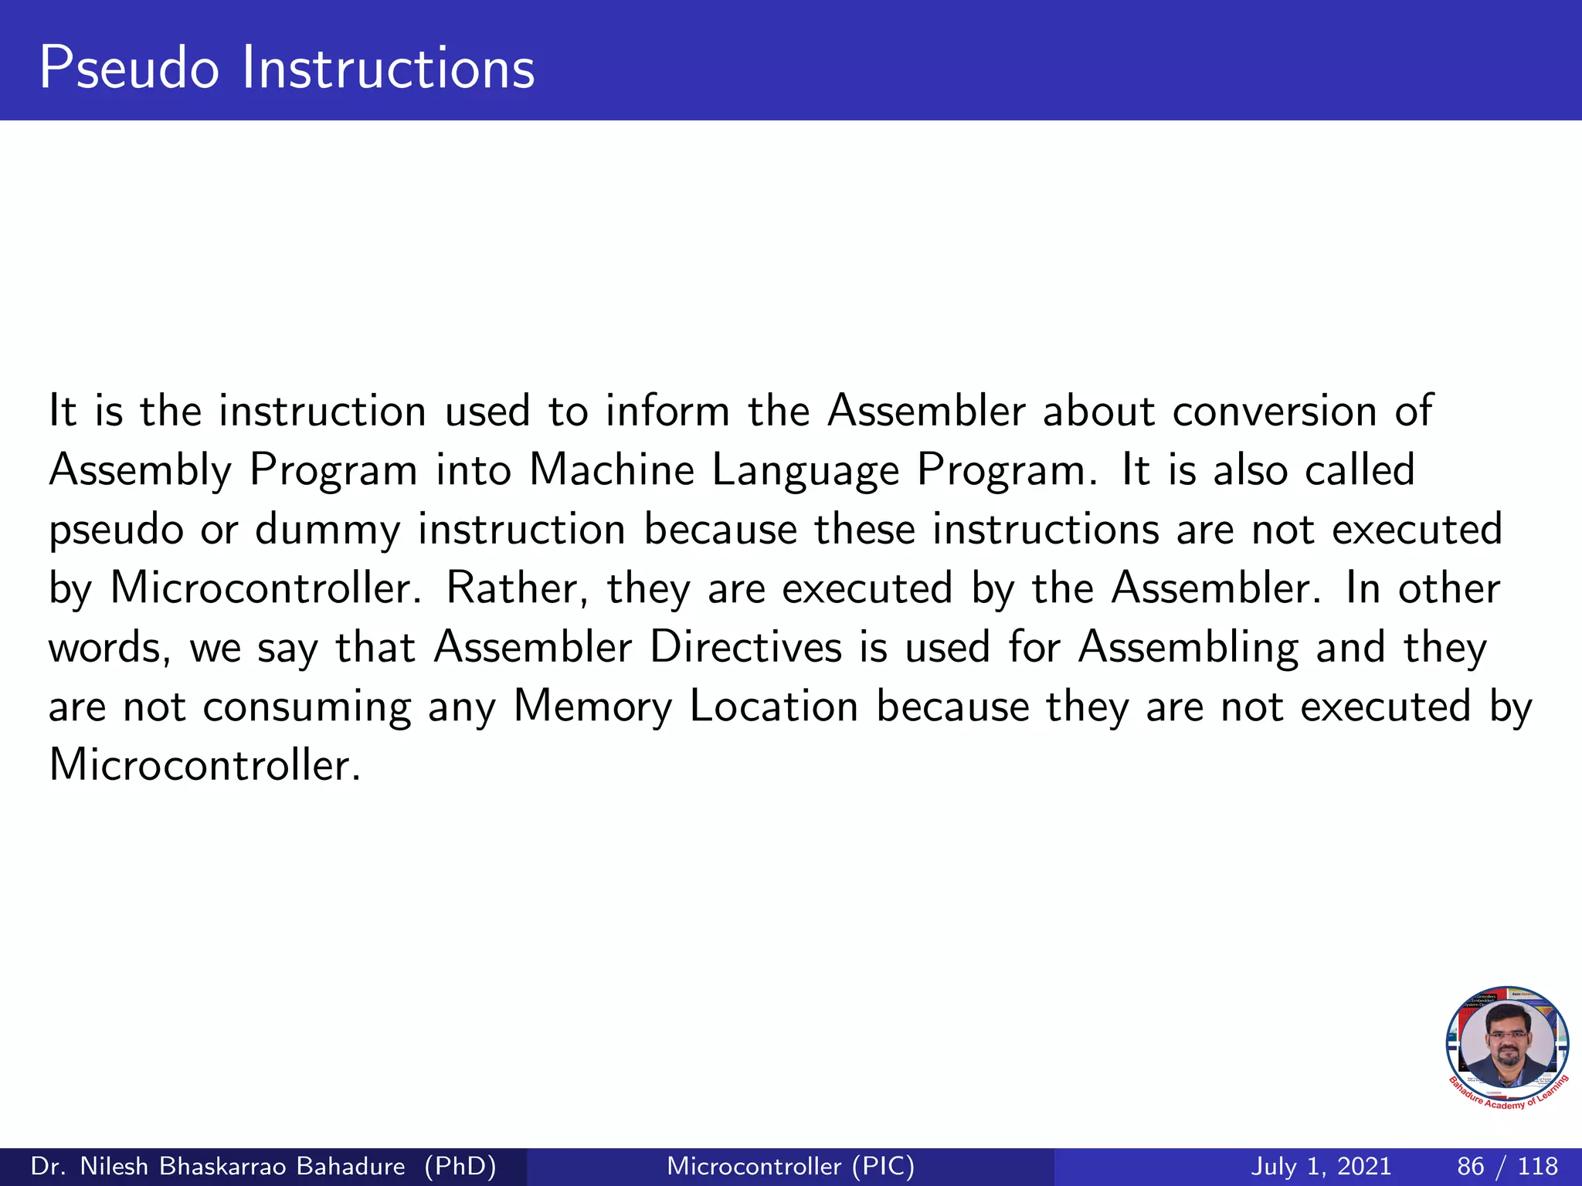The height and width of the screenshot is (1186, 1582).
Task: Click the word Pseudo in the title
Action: pos(129,68)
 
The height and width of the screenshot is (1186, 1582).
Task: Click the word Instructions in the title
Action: pos(388,68)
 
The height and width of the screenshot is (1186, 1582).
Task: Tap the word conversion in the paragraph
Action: pos(1274,411)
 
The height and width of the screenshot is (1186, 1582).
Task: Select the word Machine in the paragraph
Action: pos(611,469)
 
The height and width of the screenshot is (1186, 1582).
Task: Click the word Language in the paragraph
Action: pos(805,471)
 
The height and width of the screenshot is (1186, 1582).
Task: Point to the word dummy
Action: pos(328,530)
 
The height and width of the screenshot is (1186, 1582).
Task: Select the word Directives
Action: pos(745,647)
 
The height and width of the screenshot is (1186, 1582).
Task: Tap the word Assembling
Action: pos(1188,649)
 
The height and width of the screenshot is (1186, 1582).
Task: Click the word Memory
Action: pos(592,707)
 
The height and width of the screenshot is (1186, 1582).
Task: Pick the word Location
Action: pos(773,707)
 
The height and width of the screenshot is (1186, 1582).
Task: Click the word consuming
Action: pos(307,708)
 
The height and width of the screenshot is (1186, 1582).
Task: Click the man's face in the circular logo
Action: pos(1507,1042)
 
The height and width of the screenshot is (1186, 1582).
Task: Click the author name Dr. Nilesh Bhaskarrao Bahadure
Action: pos(217,1166)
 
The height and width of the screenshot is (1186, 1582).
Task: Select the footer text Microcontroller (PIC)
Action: pos(790,1166)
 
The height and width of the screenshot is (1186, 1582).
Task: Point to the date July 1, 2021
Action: pos(1320,1166)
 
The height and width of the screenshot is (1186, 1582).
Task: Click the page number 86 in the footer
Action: pos(1471,1166)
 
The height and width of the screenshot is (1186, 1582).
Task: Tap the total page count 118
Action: pos(1537,1166)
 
